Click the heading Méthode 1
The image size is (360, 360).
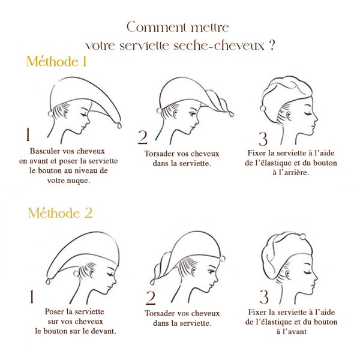tap(57, 62)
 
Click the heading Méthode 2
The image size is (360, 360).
tap(59, 213)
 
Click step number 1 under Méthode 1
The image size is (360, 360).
tap(28, 133)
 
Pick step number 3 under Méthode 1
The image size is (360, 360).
tap(263, 138)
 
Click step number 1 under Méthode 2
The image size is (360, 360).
tap(31, 295)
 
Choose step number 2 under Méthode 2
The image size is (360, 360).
tap(151, 298)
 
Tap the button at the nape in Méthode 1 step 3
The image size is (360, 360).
tap(262, 107)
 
